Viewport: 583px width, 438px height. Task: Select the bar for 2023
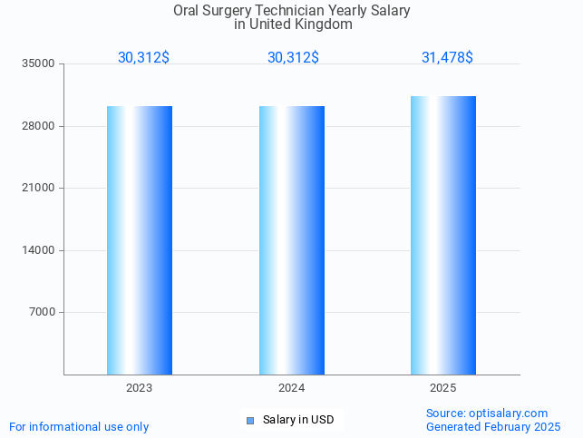pos(140,240)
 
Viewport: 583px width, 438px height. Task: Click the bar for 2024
pos(291,240)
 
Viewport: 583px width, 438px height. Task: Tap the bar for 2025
pos(443,236)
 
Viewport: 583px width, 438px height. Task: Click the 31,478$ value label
pos(447,58)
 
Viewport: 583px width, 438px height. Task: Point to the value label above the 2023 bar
pos(143,58)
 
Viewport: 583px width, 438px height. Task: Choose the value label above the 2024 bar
pos(293,58)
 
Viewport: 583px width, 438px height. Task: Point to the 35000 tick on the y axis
pos(39,64)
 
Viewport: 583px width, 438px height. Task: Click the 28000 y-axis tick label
pos(39,126)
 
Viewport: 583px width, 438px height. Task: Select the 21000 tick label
pos(39,189)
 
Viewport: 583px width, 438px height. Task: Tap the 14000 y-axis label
pos(39,250)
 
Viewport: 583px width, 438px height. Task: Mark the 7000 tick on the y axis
pos(42,313)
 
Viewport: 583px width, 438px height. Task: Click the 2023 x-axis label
pos(140,388)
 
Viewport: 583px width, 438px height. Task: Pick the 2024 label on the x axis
pos(291,388)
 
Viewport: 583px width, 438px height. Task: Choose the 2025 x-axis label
pos(443,388)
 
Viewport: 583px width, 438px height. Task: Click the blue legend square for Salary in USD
pos(251,420)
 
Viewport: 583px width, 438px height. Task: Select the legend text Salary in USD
pos(298,420)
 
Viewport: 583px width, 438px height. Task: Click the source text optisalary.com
pos(509,414)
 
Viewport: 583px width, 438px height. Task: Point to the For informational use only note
pos(79,427)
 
